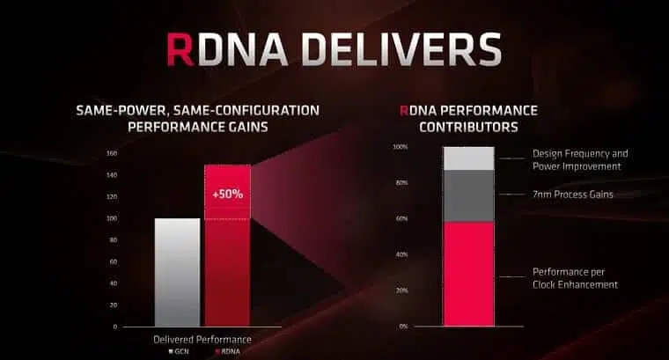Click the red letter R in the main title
180,49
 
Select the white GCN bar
177,273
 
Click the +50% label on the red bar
227,194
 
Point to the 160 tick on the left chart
112,153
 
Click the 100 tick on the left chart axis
112,218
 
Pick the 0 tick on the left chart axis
114,327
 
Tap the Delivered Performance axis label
202,340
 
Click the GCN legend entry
179,351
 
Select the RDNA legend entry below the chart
227,351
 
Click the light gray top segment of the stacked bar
469,158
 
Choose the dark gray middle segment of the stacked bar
469,195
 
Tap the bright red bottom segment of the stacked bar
469,274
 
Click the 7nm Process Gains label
572,195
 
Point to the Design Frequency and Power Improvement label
580,160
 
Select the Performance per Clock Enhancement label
575,278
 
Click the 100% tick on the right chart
401,147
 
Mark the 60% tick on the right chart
401,219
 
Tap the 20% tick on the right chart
401,290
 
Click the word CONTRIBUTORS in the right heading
468,127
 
